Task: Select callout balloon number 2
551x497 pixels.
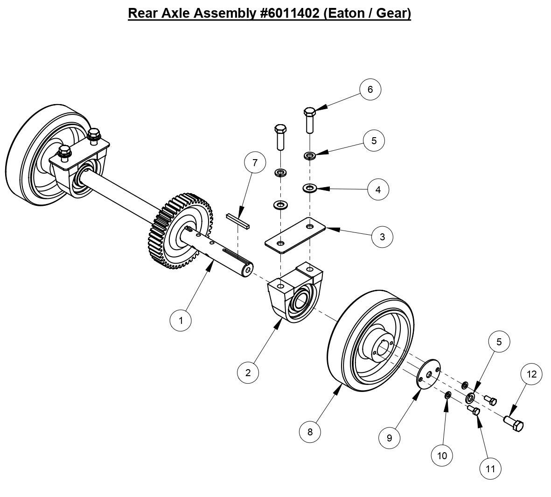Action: click(248, 372)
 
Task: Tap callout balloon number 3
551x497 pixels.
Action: click(382, 237)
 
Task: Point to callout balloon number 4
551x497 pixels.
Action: click(378, 189)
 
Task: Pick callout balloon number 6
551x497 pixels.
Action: click(370, 89)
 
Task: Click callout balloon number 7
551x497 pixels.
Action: click(255, 163)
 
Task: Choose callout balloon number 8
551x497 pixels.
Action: click(310, 432)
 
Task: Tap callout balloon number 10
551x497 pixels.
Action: click(442, 455)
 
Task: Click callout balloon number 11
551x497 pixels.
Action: click(490, 468)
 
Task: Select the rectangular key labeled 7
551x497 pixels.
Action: click(238, 220)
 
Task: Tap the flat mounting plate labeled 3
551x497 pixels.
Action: click(294, 235)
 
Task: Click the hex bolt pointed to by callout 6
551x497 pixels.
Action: click(310, 120)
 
